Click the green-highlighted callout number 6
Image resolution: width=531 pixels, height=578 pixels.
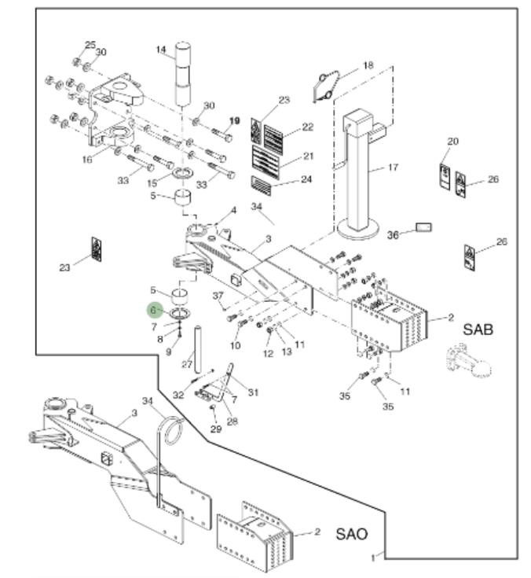pos(156,311)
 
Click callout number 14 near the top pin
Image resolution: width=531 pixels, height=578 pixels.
pos(161,50)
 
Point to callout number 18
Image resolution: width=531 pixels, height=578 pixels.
pos(368,65)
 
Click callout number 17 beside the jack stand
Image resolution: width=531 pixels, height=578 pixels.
pos(393,168)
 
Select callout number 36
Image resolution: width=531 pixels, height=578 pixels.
pos(394,234)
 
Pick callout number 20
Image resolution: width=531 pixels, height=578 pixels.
pos(452,142)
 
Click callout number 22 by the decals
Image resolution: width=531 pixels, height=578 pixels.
pos(307,127)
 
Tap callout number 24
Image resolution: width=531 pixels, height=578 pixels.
pos(306,179)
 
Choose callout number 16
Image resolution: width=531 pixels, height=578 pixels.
pos(87,160)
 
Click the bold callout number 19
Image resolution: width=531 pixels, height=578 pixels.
pos(234,120)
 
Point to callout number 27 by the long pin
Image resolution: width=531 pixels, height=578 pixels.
pos(187,364)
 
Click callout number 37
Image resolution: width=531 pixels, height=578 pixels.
pos(218,294)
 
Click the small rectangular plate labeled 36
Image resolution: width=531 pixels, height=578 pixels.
pos(423,229)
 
